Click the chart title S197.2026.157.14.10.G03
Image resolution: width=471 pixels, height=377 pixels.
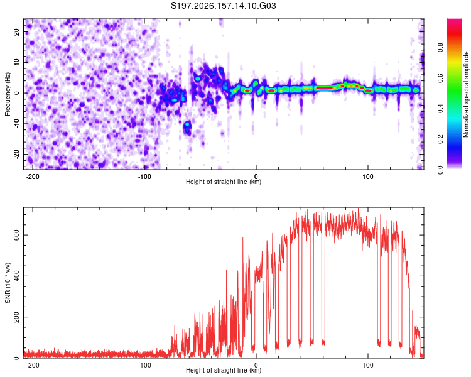223,6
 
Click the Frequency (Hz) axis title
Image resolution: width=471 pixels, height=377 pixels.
8,94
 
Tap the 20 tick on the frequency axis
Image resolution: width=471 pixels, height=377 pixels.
16,32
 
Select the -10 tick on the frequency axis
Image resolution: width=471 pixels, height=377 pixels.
16,123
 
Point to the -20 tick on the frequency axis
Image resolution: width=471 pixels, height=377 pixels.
16,154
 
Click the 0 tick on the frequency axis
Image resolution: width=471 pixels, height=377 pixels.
16,93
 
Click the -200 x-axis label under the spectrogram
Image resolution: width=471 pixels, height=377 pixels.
33,177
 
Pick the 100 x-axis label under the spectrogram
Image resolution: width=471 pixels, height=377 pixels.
367,177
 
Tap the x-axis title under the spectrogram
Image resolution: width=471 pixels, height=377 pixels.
224,182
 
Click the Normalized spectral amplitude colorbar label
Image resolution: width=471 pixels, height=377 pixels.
466,94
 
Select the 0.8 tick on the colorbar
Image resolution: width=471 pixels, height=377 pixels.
440,48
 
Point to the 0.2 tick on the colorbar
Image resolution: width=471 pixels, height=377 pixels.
440,139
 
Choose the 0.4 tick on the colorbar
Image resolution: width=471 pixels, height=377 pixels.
440,109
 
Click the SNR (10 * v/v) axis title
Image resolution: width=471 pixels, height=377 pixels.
8,283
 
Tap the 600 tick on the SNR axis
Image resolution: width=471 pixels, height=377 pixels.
16,235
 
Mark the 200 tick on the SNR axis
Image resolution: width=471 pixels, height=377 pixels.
16,317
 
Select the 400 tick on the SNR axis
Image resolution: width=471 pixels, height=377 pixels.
16,276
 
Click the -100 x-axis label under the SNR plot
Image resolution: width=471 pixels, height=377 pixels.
144,365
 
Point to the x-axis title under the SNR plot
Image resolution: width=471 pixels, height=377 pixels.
224,370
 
